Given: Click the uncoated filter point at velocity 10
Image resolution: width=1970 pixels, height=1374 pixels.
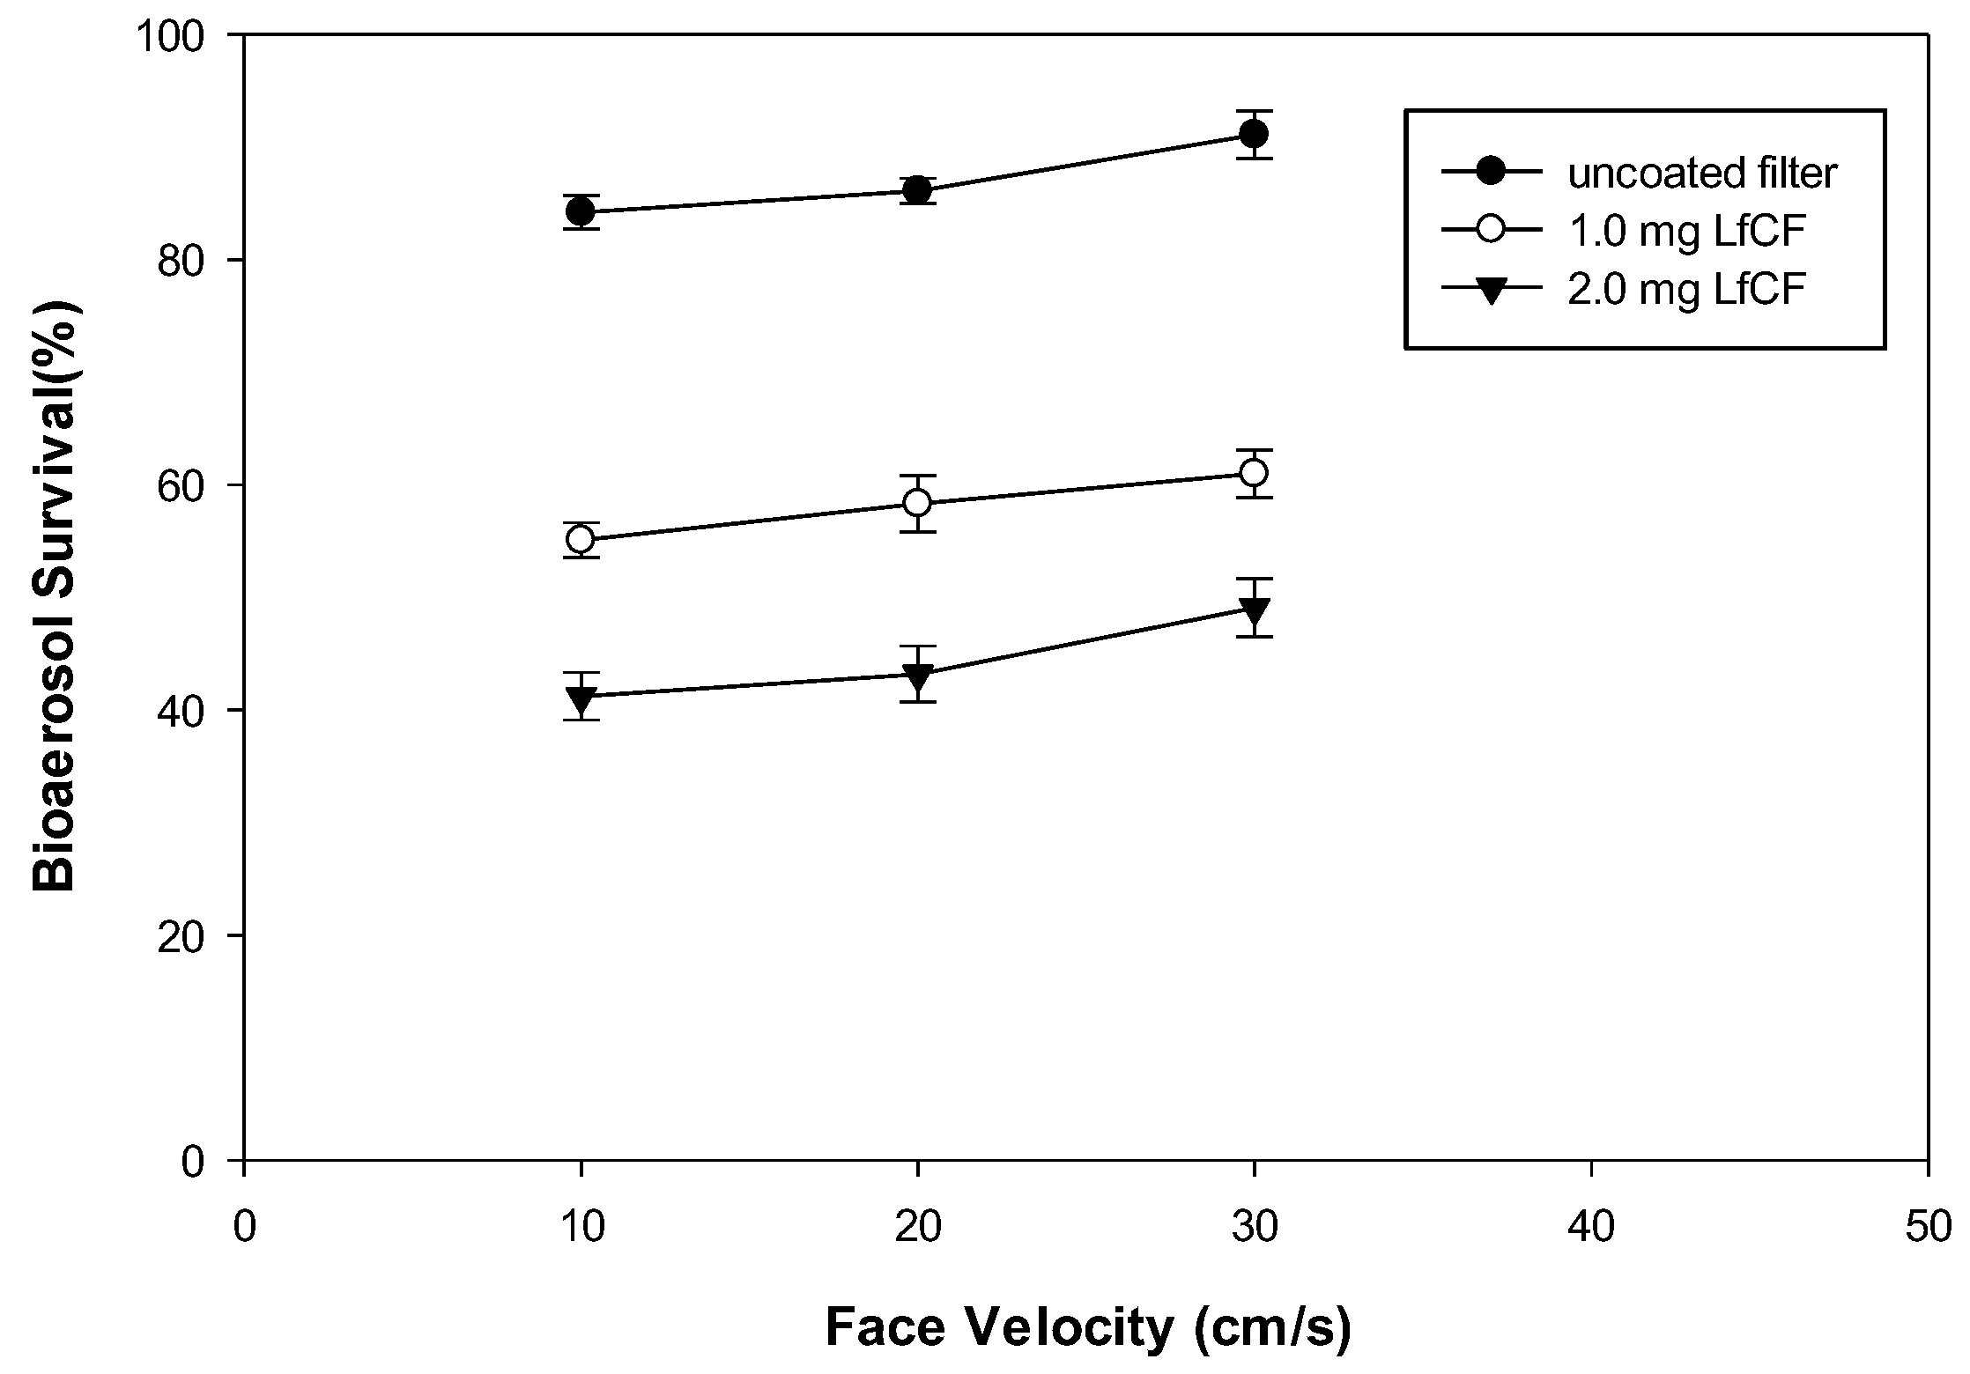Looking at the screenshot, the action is (x=581, y=211).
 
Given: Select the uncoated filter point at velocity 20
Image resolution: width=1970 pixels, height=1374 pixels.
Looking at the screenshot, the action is (x=918, y=190).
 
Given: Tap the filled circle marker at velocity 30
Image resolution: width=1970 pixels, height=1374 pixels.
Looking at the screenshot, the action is (x=1254, y=134).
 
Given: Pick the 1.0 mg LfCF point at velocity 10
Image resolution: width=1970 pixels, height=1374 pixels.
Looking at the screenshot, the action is (x=581, y=539).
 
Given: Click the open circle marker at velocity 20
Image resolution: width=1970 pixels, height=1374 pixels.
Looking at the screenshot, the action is (x=918, y=503).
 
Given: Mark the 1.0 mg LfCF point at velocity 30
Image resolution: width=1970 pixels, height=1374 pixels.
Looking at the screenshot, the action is (x=1254, y=473).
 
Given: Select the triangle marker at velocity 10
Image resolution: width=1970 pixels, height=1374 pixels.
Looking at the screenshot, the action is (x=581, y=699).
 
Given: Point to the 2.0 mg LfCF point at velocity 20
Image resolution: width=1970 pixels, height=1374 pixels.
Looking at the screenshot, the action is (x=918, y=676).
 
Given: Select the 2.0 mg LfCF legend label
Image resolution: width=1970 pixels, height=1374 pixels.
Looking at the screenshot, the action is (x=1688, y=291).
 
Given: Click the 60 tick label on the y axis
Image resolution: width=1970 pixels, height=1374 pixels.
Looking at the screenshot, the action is (x=194, y=485).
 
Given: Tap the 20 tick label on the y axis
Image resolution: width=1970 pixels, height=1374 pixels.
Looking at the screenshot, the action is (x=194, y=936).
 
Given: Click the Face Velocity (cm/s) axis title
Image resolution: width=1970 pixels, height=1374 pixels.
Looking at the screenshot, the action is (x=1088, y=1328).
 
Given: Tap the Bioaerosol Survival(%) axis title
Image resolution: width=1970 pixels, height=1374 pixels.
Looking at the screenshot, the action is (x=55, y=597).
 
